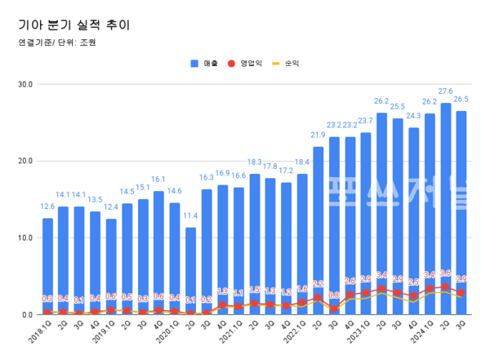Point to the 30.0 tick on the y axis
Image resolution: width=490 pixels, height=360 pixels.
(24, 84)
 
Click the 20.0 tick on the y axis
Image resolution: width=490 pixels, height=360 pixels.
(24, 161)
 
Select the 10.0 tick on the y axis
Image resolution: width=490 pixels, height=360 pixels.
(24, 238)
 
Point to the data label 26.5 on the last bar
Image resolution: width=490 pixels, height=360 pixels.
(461, 99)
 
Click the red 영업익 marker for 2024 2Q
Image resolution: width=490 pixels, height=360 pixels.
(446, 287)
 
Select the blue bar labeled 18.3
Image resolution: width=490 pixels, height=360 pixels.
(255, 241)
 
